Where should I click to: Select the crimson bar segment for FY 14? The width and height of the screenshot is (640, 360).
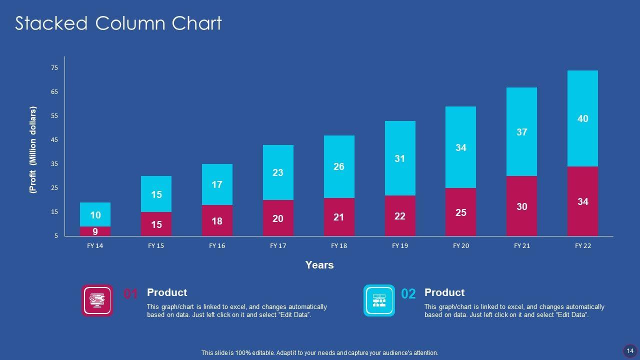point(95,231)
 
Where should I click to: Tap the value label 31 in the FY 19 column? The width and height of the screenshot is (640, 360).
point(399,159)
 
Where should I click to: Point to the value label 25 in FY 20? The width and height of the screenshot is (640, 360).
point(461,213)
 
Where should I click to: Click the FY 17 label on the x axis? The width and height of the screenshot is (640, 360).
point(278,246)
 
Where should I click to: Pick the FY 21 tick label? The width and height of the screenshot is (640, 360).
point(522,246)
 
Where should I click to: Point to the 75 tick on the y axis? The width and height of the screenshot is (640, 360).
point(54,68)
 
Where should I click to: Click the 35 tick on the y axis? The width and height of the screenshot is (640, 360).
point(54,164)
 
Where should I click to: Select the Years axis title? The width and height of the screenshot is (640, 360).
point(319,265)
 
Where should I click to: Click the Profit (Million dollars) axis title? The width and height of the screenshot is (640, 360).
point(33,150)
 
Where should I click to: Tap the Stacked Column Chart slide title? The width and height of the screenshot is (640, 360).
point(118,23)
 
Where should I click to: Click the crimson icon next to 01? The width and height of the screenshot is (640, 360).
point(97,300)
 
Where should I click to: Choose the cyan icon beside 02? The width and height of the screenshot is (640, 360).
point(379,300)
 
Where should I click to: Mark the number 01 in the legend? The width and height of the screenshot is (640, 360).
point(131,294)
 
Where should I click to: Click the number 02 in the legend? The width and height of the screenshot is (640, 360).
point(408,294)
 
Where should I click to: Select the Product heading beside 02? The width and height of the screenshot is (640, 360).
point(444,292)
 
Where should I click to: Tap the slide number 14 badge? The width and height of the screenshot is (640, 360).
point(630,350)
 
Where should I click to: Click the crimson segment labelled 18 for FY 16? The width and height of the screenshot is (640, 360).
point(217,221)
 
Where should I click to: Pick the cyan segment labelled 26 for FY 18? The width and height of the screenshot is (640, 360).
point(339,166)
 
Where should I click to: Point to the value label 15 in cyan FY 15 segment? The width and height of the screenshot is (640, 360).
point(156,194)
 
